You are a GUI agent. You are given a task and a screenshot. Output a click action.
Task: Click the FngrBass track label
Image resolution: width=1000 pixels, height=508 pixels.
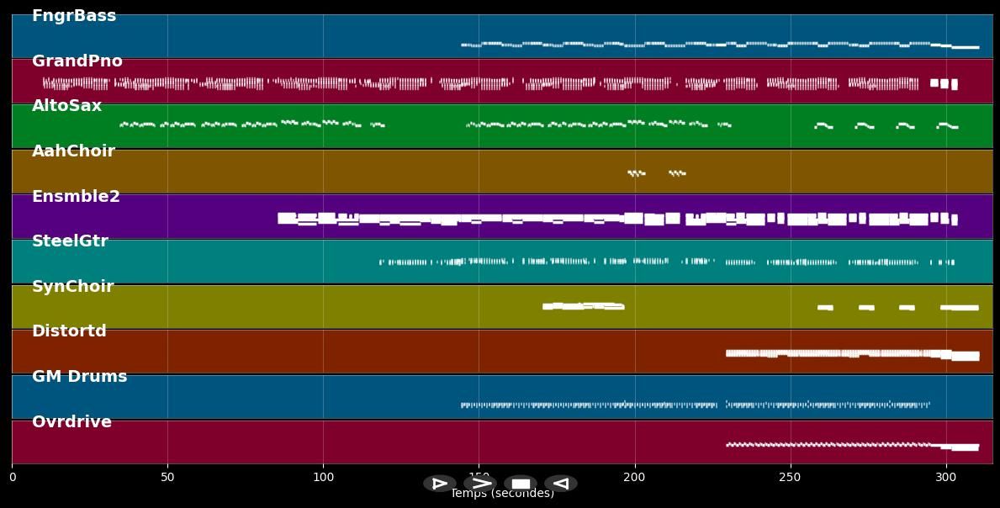74,16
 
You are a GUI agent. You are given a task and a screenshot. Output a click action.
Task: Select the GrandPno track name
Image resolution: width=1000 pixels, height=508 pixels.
77,61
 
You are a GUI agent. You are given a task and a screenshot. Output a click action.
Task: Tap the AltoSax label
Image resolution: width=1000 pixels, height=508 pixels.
67,106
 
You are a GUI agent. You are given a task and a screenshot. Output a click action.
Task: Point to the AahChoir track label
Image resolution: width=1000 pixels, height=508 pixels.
74,151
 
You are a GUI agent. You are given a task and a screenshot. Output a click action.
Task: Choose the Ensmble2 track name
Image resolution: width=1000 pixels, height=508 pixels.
77,197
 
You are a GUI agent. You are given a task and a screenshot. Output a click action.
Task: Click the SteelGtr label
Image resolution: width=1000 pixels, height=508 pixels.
71,241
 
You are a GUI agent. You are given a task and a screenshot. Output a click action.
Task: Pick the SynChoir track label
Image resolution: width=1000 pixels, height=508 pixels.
73,287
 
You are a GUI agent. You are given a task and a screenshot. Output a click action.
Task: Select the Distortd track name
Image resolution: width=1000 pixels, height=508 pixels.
70,331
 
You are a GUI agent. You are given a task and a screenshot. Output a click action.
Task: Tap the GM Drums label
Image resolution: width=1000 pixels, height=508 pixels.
80,377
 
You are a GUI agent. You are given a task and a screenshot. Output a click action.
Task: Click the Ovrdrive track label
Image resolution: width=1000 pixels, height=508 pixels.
72,422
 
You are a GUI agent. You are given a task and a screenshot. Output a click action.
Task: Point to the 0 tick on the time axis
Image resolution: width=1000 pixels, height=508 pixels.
12,478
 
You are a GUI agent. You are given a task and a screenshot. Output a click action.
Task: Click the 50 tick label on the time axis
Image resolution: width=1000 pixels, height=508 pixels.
167,478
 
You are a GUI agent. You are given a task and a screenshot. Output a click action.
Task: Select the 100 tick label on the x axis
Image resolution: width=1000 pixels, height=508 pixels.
323,478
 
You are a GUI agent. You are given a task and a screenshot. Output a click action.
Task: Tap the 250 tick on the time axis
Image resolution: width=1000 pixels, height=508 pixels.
791,478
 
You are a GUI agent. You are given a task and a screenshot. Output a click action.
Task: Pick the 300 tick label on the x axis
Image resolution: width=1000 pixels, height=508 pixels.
946,478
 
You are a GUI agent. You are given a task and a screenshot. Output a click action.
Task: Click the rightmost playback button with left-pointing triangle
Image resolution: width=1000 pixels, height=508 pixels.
561,484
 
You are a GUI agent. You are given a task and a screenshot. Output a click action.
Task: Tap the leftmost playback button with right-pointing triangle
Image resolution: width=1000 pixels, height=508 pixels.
440,484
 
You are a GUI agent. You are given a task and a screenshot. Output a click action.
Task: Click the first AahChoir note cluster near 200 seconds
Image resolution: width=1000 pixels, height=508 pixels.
637,173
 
